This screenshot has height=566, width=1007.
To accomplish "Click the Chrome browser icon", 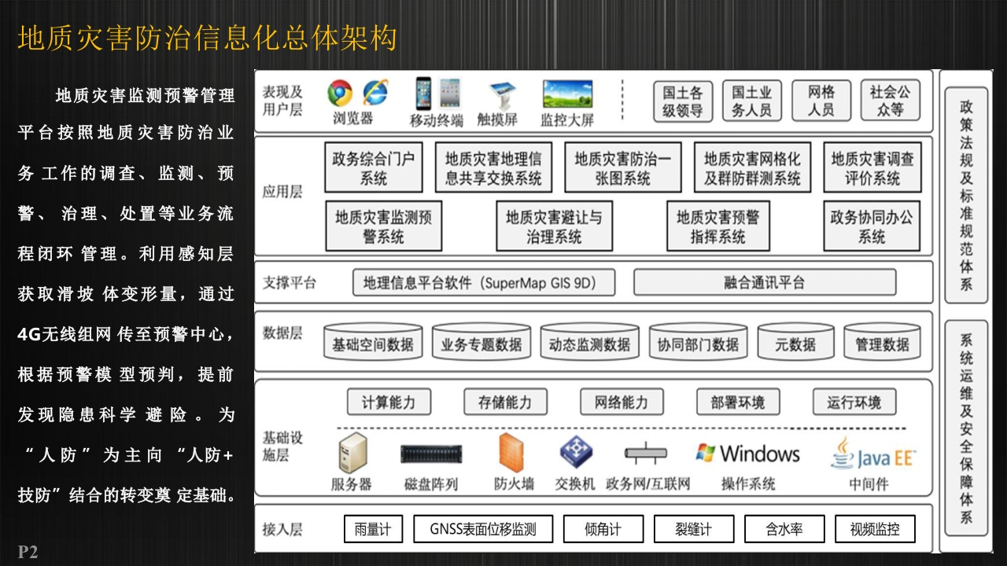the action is [340, 94].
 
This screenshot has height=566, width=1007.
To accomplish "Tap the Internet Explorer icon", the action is [376, 93].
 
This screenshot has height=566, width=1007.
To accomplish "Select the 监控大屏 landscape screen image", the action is [568, 94].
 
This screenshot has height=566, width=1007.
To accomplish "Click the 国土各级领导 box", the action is [683, 101].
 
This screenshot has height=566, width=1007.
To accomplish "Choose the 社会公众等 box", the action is [890, 100].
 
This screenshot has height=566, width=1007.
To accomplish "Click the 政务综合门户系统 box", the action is [374, 167].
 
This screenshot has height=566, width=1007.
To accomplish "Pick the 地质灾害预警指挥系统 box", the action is [718, 226].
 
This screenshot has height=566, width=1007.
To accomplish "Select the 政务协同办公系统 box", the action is [872, 226].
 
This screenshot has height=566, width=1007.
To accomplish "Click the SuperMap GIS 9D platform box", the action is [484, 282].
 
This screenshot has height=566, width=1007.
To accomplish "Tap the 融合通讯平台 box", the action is [765, 282].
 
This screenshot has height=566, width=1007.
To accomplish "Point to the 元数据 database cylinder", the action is [795, 342].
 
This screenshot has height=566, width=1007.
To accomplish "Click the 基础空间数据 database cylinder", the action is [373, 342].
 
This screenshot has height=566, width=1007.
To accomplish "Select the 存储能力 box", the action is [505, 402].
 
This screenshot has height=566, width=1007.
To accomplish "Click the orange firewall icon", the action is [512, 452].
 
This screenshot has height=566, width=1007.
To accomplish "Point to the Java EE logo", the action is [872, 454].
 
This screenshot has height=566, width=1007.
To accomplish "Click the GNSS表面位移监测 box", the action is [483, 529].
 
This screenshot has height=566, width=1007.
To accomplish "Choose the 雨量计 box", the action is [373, 529].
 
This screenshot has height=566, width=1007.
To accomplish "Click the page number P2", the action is [28, 552].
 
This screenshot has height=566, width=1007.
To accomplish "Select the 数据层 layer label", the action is [282, 333].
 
